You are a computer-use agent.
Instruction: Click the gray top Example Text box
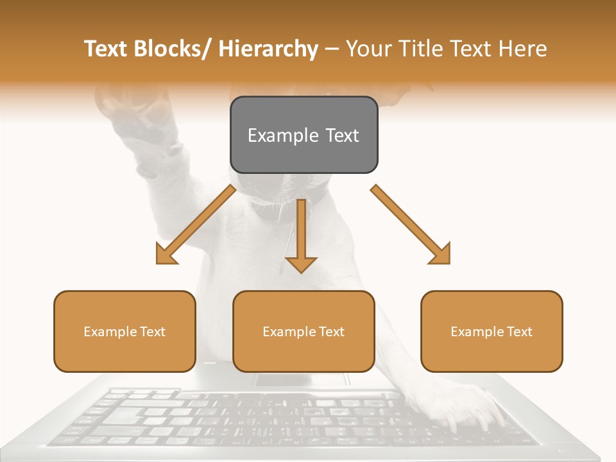304,135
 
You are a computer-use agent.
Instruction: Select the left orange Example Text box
124,331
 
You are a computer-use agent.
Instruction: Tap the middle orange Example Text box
304,331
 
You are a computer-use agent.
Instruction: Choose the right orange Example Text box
492,331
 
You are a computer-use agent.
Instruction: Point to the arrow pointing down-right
411,225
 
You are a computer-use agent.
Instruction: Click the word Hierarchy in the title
268,49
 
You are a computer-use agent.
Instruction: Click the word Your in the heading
368,49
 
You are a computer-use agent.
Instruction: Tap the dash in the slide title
332,49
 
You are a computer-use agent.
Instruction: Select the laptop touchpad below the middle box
302,379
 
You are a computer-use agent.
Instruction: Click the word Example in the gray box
277,135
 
